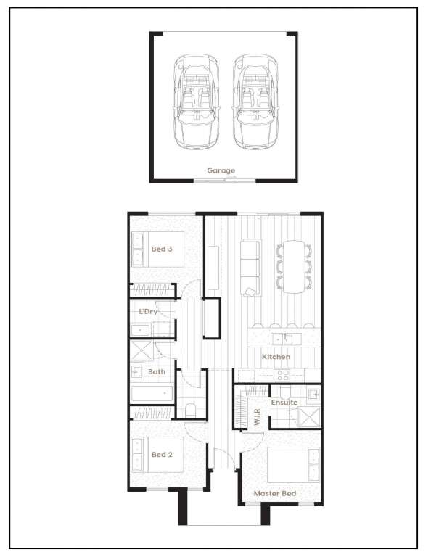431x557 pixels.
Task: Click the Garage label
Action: pyautogui.click(x=221, y=170)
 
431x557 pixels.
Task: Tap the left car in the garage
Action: pyautogui.click(x=196, y=102)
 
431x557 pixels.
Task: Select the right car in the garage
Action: pyautogui.click(x=255, y=102)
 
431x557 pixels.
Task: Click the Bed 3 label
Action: pyautogui.click(x=162, y=249)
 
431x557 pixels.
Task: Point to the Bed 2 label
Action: pyautogui.click(x=162, y=454)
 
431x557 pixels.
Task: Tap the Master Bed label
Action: pyautogui.click(x=275, y=493)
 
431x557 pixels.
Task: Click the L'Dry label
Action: pyautogui.click(x=148, y=312)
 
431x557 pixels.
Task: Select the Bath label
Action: pyautogui.click(x=157, y=371)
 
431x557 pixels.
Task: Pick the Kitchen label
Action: pyautogui.click(x=276, y=357)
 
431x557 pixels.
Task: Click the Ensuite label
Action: pyautogui.click(x=284, y=402)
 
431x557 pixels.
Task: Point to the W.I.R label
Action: pyautogui.click(x=258, y=417)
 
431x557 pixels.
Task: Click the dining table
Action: pyautogui.click(x=294, y=267)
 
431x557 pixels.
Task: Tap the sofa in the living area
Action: pyautogui.click(x=250, y=268)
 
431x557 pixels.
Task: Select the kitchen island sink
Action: pyautogui.click(x=282, y=339)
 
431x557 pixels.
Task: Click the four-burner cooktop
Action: pyautogui.click(x=283, y=375)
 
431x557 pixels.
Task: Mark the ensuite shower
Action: pyautogui.click(x=308, y=417)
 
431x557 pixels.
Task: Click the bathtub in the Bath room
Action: pyautogui.click(x=152, y=394)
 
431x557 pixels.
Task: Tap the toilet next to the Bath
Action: pyautogui.click(x=190, y=410)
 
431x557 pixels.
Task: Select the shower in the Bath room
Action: pyautogui.click(x=141, y=350)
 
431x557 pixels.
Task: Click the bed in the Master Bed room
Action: pyautogui.click(x=293, y=465)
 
